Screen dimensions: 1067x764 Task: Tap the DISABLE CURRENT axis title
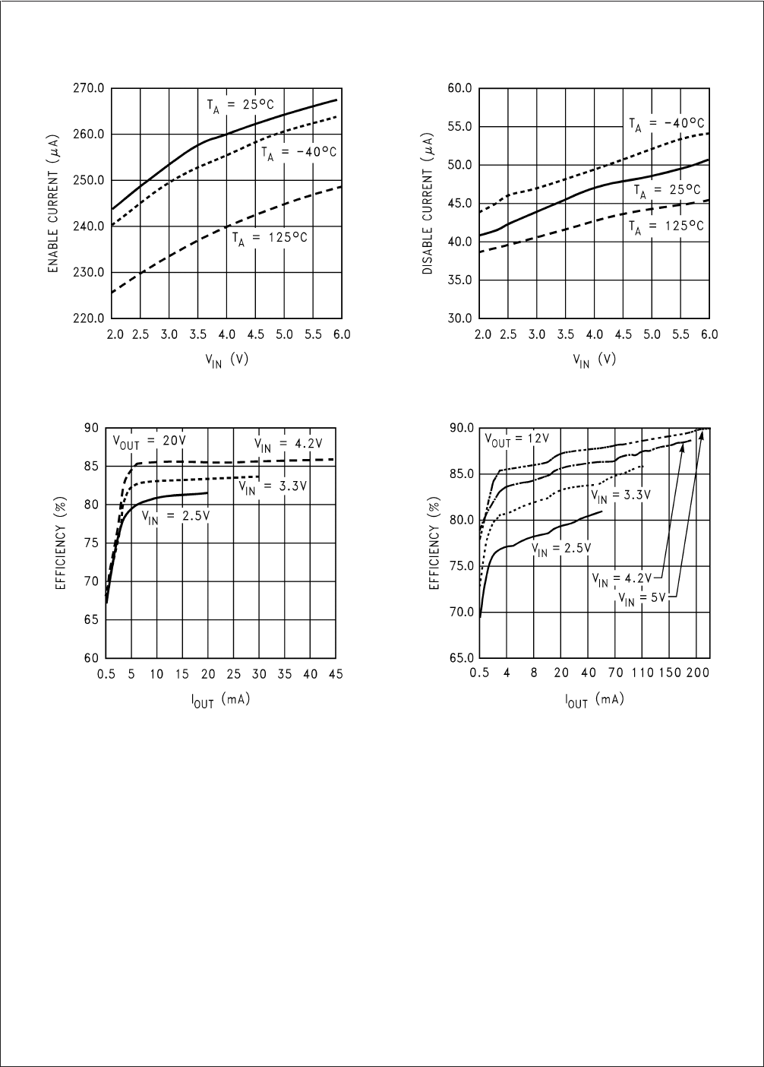428,203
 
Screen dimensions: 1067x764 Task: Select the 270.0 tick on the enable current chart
89,88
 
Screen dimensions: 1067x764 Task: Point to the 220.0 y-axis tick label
89,318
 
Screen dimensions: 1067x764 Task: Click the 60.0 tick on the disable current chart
459,88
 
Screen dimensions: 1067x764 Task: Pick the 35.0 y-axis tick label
459,280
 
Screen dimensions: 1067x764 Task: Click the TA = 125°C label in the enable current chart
270,237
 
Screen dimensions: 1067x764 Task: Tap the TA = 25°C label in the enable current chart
242,106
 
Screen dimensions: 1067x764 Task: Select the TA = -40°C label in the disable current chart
666,123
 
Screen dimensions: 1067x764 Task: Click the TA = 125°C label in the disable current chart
666,226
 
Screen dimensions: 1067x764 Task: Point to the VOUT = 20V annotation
150,440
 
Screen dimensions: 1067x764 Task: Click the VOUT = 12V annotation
517,439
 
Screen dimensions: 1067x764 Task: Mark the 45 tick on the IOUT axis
336,674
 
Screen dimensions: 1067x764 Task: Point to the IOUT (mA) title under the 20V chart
220,700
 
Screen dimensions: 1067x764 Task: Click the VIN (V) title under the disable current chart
594,361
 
